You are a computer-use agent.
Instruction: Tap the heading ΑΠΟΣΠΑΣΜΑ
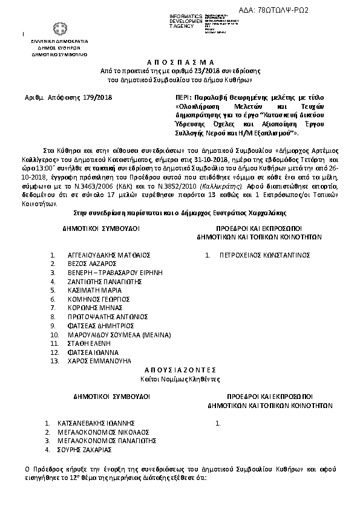[180, 62]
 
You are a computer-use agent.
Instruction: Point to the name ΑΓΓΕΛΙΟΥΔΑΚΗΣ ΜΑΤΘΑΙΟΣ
[109, 255]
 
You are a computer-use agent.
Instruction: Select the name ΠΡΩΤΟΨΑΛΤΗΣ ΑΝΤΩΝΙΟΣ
[108, 316]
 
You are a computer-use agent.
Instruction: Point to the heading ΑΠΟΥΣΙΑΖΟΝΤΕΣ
[179, 369]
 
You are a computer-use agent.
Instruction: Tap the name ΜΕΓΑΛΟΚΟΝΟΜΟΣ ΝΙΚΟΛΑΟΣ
[108, 432]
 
